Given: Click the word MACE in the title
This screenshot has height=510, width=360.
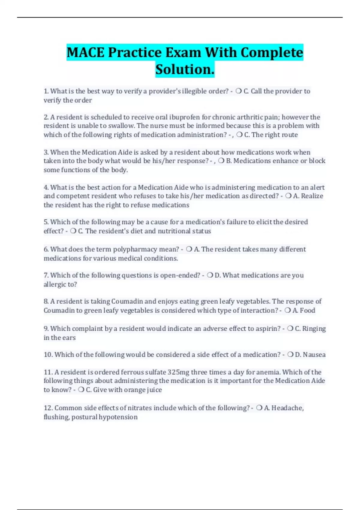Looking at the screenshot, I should pyautogui.click(x=85, y=52).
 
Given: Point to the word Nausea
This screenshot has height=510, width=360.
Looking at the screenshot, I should pyautogui.click(x=314, y=355).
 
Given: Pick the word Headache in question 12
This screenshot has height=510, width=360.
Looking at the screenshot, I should pyautogui.click(x=287, y=408).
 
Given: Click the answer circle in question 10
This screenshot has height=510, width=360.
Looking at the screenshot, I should pyautogui.click(x=290, y=355).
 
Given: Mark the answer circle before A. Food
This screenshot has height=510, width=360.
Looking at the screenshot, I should pyautogui.click(x=288, y=310).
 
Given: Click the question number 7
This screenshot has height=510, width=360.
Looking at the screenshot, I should pyautogui.click(x=46, y=275).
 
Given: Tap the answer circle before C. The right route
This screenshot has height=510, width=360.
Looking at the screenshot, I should pyautogui.click(x=239, y=135).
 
